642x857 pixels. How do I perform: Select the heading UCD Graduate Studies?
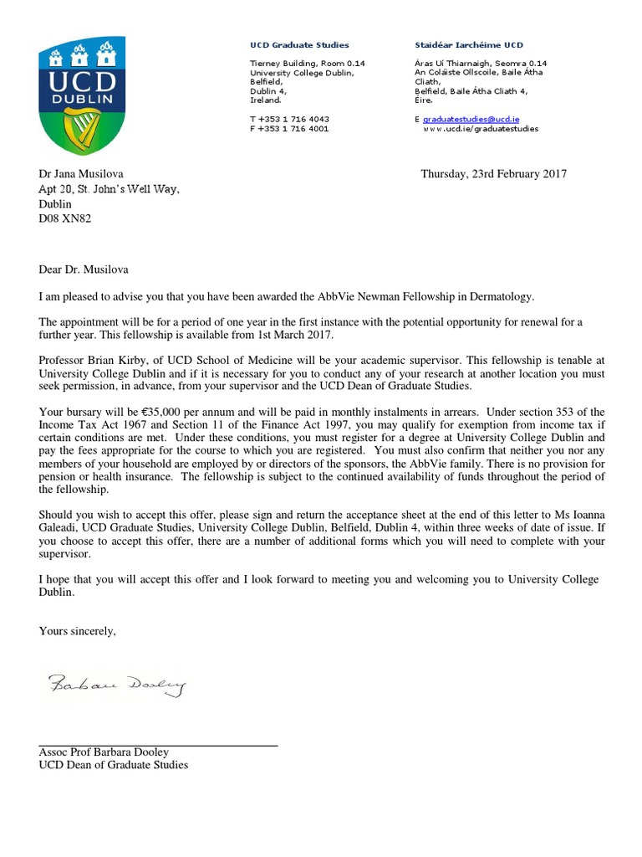[x=299, y=45]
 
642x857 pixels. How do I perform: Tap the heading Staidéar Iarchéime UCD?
[x=469, y=45]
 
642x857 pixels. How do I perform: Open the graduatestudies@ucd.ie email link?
[x=471, y=120]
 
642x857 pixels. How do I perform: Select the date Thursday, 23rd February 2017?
[x=493, y=174]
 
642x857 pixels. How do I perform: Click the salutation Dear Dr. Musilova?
[x=84, y=269]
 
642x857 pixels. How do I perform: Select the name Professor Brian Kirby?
[x=92, y=360]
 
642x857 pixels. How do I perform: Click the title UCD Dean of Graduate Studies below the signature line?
[x=114, y=765]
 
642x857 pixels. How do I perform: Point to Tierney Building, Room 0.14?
[x=307, y=64]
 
